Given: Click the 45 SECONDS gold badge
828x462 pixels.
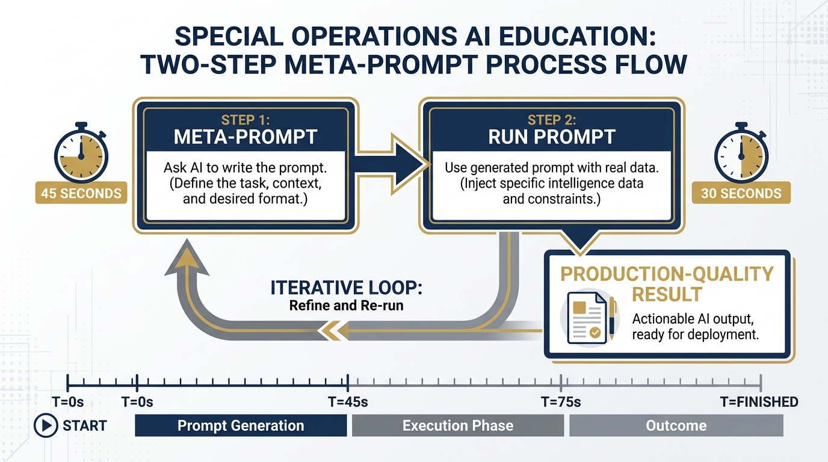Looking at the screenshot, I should pyautogui.click(x=81, y=193).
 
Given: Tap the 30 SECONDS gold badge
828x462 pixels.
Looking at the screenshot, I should pyautogui.click(x=741, y=193).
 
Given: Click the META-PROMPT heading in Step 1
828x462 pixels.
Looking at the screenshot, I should pyautogui.click(x=245, y=137).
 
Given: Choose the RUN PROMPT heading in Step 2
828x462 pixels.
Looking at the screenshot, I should pyautogui.click(x=552, y=137).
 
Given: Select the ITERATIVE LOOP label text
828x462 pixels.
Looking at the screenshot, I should pyautogui.click(x=347, y=288).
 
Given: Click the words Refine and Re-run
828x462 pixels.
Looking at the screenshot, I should pyautogui.click(x=346, y=306).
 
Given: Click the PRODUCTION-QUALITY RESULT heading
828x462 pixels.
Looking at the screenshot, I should pyautogui.click(x=667, y=284).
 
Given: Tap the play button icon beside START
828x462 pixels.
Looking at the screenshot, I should pyautogui.click(x=45, y=426).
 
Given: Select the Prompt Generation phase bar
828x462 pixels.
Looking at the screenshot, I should pyautogui.click(x=241, y=426).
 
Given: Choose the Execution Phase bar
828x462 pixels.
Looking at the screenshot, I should pyautogui.click(x=458, y=426).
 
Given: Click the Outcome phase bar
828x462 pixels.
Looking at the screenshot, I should pyautogui.click(x=676, y=426).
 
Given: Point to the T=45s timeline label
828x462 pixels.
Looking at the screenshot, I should pyautogui.click(x=348, y=402).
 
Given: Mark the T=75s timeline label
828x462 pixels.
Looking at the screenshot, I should pyautogui.click(x=561, y=402).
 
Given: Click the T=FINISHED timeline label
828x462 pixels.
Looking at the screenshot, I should pyautogui.click(x=759, y=402).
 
